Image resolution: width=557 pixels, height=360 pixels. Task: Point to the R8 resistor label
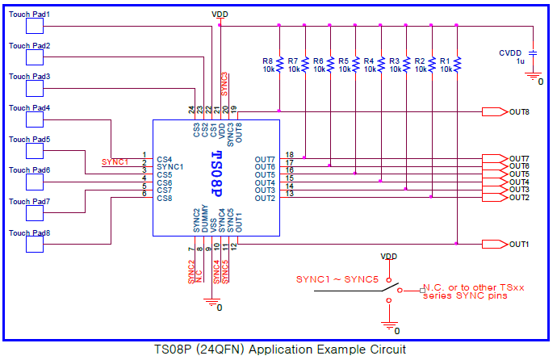[267, 61]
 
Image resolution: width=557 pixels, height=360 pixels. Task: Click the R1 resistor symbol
[457, 63]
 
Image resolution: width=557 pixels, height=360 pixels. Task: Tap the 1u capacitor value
[520, 61]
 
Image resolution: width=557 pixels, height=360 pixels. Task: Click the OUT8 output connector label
[519, 112]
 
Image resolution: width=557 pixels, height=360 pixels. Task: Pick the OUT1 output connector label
[519, 244]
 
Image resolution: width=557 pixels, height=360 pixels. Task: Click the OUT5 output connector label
[519, 174]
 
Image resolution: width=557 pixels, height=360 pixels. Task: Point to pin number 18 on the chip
[288, 154]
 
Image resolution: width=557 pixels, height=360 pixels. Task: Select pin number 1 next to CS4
[144, 155]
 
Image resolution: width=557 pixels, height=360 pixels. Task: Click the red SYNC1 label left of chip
[115, 162]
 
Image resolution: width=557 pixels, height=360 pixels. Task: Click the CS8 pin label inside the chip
[165, 198]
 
